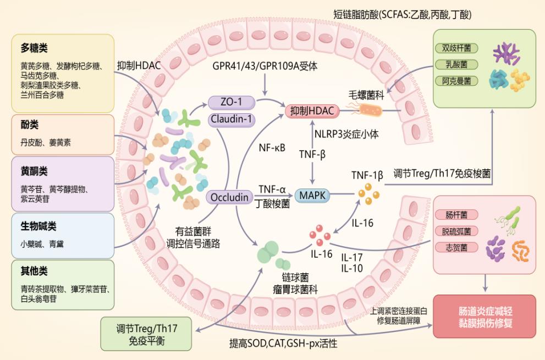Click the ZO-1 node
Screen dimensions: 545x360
232,102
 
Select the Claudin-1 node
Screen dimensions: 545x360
232,119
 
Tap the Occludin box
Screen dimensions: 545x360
229,197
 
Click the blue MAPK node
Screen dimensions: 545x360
312,196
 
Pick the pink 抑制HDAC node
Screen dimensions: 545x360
312,111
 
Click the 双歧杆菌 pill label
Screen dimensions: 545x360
456,48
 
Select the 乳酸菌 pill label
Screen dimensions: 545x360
456,65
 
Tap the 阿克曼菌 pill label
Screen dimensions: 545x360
456,81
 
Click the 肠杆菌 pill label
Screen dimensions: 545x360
456,215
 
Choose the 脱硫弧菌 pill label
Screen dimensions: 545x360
456,231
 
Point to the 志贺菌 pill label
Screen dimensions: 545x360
456,248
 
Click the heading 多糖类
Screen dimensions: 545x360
34,48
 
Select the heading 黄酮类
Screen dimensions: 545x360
34,171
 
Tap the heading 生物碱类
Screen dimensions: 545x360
38,226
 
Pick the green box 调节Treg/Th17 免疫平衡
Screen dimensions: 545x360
146,334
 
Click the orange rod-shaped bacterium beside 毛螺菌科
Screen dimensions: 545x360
368,110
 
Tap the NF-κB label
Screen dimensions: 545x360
272,148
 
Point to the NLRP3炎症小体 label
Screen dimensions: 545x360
346,134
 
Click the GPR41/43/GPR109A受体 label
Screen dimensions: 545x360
265,66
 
